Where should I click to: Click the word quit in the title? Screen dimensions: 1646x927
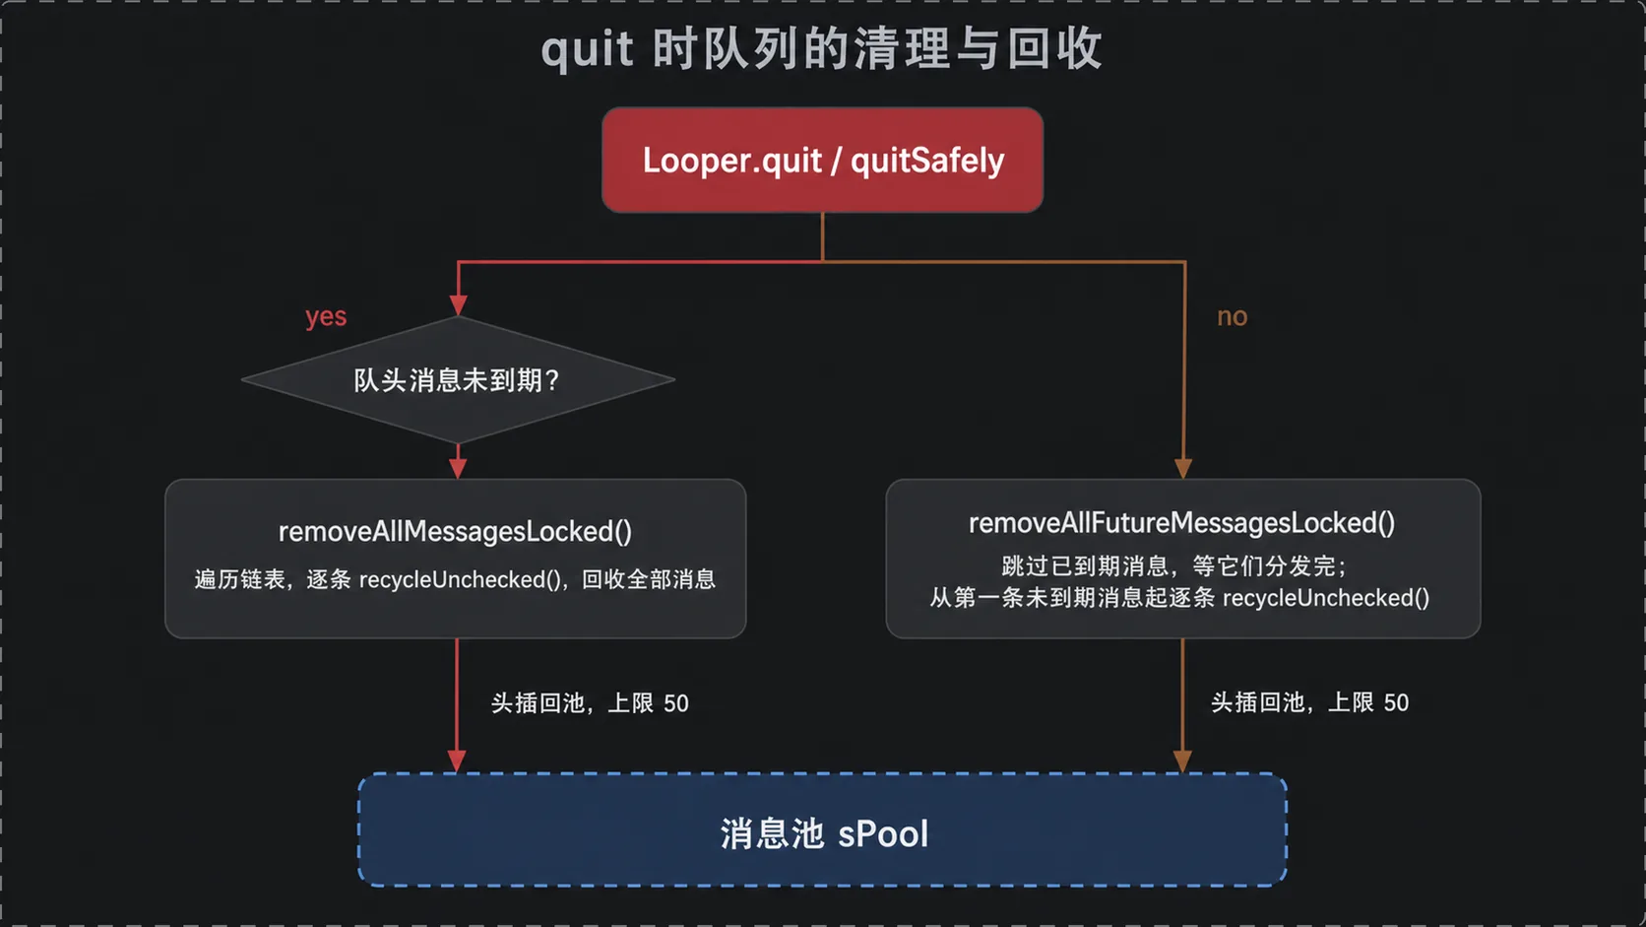[587, 51]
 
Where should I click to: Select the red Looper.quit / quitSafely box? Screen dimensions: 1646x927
[822, 161]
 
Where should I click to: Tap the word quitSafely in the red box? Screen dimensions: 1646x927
[927, 161]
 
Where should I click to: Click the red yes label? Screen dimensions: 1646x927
[326, 317]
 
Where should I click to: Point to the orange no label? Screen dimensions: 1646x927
[1233, 317]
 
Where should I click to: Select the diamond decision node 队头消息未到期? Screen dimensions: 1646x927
[458, 380]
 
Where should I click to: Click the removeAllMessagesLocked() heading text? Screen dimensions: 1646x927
[455, 532]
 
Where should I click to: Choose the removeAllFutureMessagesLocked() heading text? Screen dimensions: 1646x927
[1181, 523]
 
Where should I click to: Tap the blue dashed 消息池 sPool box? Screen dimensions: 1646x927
[822, 829]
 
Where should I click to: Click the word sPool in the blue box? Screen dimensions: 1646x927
[883, 834]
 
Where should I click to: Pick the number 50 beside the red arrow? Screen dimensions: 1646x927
[676, 703]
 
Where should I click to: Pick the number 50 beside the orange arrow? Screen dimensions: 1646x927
[1396, 702]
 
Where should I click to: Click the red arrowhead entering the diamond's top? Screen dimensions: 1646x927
[458, 305]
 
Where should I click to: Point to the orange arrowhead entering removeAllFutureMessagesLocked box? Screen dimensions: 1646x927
[1183, 469]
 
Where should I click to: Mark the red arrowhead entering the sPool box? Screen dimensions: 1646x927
[457, 761]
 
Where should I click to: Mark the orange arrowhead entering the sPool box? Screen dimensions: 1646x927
[1182, 761]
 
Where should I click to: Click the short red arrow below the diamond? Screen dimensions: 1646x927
[458, 462]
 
